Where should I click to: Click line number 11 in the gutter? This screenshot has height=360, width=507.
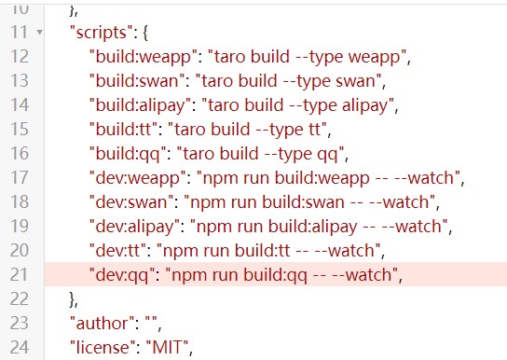coord(19,32)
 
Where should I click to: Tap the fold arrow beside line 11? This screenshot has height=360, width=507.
coord(39,33)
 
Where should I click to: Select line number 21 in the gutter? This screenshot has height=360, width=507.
coord(19,274)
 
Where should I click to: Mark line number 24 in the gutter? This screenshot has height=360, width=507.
coord(19,348)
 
